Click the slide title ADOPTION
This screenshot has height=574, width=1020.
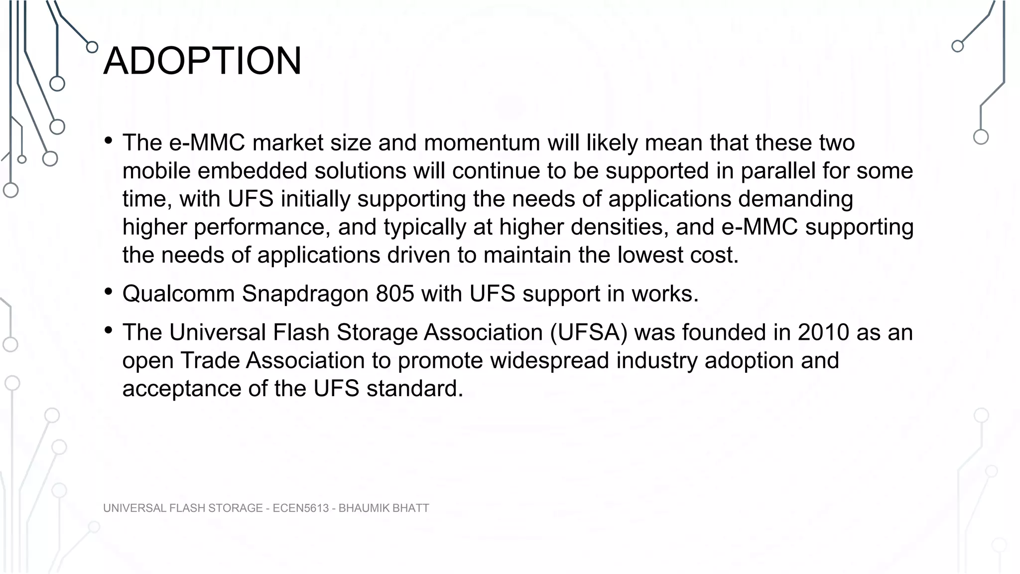[x=202, y=61]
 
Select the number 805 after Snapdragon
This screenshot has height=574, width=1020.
[x=395, y=293]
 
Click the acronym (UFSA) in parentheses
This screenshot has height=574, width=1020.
[x=589, y=332]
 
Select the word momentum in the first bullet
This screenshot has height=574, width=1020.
[x=482, y=143]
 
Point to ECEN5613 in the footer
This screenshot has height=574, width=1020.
[x=301, y=508]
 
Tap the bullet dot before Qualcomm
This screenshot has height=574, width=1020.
[x=109, y=292]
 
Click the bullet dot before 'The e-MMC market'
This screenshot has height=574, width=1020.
[x=109, y=141]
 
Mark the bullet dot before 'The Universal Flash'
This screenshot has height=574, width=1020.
[x=109, y=330]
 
